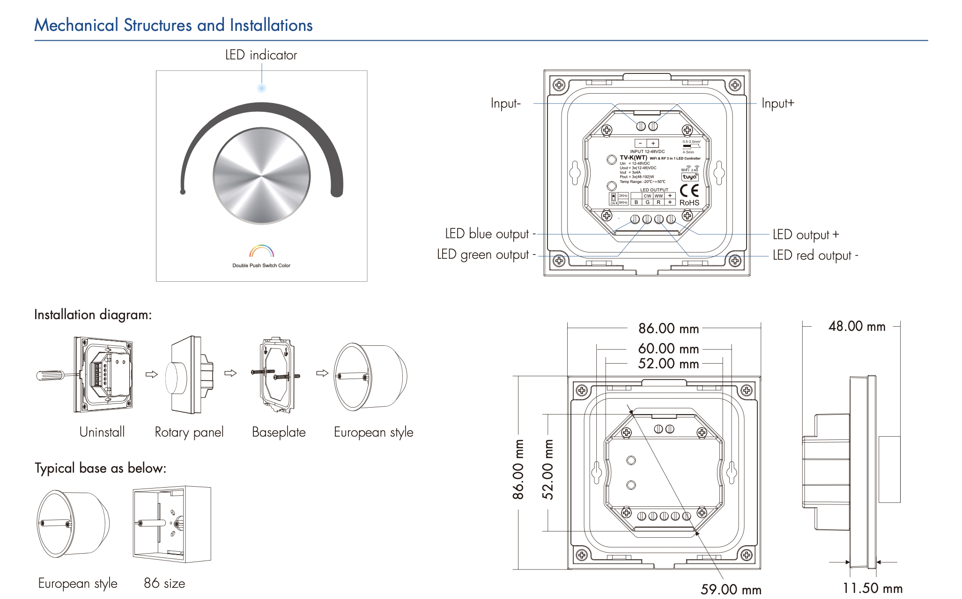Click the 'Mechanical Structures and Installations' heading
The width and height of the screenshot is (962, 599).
coord(173,25)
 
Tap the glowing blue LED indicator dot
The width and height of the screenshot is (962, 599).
coord(262,88)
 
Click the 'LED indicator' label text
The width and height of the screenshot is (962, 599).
coord(261,55)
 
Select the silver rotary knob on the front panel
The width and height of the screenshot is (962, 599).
coord(261,176)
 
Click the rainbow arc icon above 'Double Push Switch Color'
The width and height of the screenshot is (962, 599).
coord(261,251)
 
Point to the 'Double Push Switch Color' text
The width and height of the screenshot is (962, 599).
coord(261,265)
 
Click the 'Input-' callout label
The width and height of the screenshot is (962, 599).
coord(505,103)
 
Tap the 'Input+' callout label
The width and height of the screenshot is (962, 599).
coord(777,103)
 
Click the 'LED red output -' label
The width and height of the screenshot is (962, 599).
coord(815,256)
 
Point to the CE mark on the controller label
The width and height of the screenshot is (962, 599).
coord(689,190)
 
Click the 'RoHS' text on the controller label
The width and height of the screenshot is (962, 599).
coord(689,203)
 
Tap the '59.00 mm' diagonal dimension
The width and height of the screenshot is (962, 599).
coord(731,589)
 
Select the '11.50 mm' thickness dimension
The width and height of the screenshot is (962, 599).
coord(872,588)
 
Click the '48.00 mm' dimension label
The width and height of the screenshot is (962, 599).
coord(857,327)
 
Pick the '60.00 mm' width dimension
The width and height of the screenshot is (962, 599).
coord(668,349)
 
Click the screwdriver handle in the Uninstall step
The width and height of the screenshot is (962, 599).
coord(50,375)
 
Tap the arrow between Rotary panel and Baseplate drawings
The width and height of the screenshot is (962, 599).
coord(230,373)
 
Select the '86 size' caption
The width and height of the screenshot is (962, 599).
coord(164,583)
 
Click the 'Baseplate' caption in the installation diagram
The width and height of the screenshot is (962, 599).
coord(279,432)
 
